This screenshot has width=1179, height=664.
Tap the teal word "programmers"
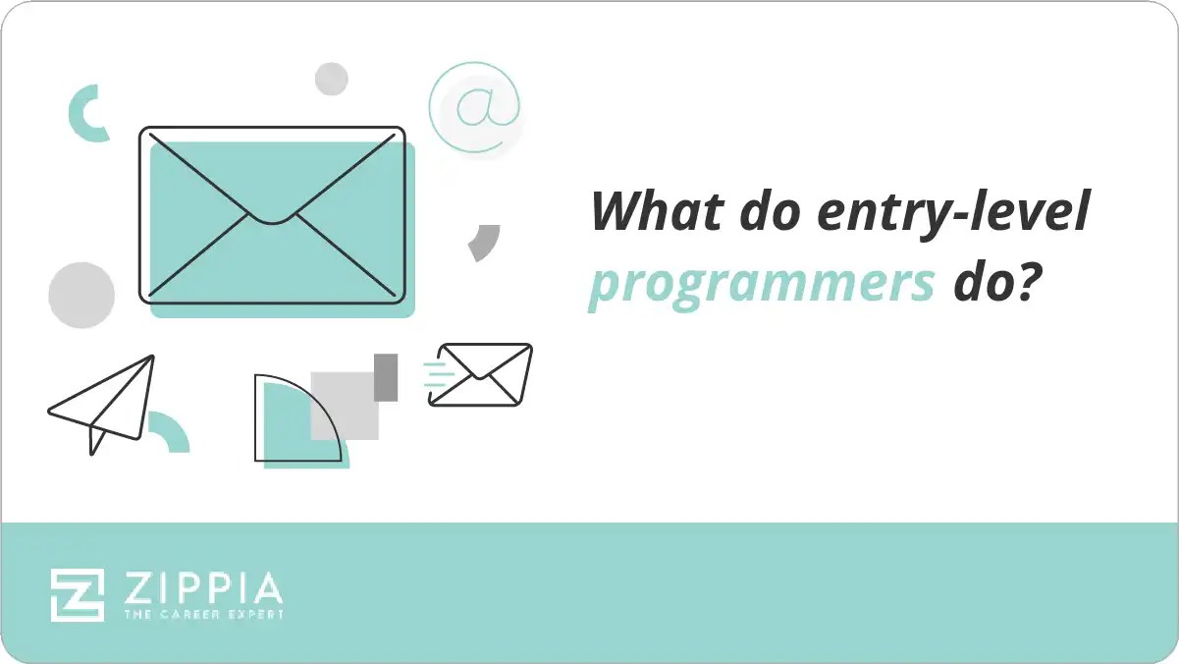pos(761,286)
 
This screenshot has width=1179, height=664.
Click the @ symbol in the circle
pos(474,107)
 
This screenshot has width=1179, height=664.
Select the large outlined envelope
pos(272,214)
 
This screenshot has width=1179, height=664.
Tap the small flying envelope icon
pos(481,374)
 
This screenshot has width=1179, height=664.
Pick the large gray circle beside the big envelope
pos(81,295)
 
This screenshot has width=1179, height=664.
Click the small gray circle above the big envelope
pos(332,79)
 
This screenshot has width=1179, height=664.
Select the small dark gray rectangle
pos(386,377)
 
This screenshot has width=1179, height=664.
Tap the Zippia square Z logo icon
pos(78,594)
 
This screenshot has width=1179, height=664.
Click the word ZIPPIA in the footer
pos(203,588)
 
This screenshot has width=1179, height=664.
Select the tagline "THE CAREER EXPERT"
pos(203,615)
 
